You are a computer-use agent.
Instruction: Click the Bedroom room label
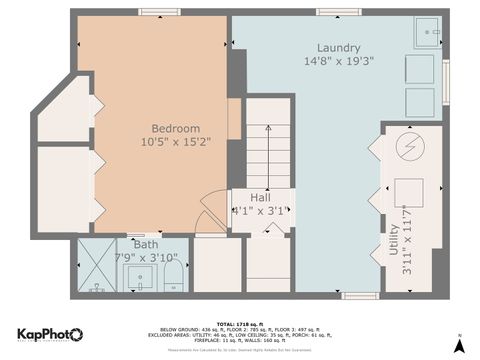tap(176, 129)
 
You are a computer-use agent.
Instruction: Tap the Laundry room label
tap(338, 48)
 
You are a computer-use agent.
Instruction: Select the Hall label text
tap(260, 197)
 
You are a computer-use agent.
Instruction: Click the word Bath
tap(146, 245)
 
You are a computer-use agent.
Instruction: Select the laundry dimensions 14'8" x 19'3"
tap(338, 62)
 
